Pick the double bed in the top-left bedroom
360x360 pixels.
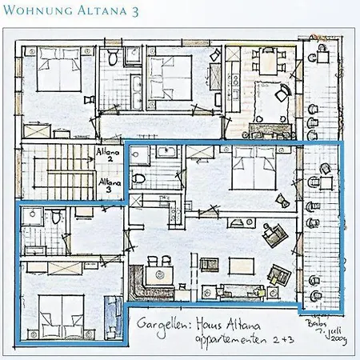(58, 70)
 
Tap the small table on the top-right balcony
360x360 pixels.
(322, 56)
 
